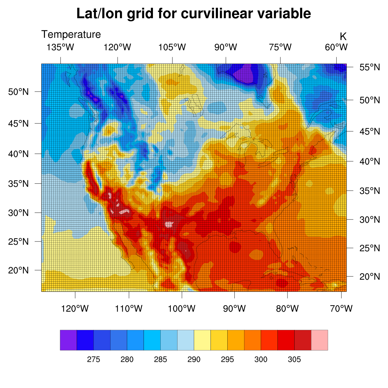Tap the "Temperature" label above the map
[71, 34]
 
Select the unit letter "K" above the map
[343, 37]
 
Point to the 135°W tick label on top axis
[60, 48]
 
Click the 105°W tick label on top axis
[172, 48]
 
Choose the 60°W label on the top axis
[336, 48]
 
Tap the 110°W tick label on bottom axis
[129, 309]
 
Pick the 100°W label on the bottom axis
[182, 309]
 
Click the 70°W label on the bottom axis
[341, 309]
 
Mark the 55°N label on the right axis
[370, 67]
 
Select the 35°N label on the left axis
[18, 184]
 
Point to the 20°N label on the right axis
[370, 277]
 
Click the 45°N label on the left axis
[18, 124]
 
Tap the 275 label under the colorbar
[93, 360]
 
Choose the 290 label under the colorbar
[194, 360]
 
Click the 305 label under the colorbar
[294, 360]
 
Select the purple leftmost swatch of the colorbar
[68, 340]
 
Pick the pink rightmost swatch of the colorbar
[319, 340]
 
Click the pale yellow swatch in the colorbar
[202, 340]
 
